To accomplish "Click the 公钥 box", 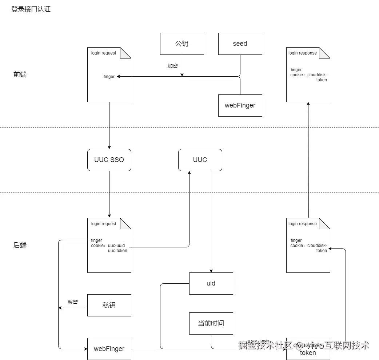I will pos(182,44).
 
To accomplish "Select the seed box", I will pos(240,44).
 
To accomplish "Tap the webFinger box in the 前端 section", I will pos(240,105).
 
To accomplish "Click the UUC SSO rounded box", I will pos(109,160).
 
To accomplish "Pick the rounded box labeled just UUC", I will pos(200,160).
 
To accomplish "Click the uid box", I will pos(211,283).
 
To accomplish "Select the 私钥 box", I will pos(109,305).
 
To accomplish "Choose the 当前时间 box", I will pos(211,323).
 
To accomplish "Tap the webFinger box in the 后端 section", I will pos(109,349).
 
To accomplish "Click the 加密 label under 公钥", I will pos(172,66).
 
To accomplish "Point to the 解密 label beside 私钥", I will pos(73,302).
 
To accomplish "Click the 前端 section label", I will pos(20,74).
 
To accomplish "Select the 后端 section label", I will pos(20,245).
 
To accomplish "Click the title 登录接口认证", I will pos(31,9).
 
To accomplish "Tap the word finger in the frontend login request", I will pos(109,77).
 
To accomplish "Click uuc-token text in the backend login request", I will pos(117,251).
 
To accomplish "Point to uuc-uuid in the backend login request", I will pos(116,246).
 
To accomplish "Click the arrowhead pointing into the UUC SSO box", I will pos(109,147).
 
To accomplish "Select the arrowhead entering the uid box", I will pos(211,271).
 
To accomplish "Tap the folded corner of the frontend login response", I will pos(325,53).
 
